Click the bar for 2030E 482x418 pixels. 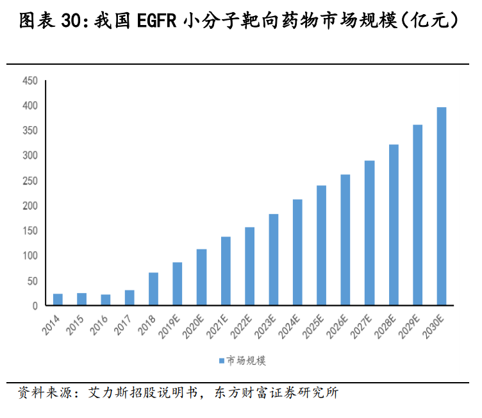tap(442, 206)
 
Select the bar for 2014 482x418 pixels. tap(58, 299)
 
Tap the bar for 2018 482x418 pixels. tap(154, 289)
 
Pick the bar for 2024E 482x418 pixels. tap(297, 253)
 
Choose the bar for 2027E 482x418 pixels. tap(370, 233)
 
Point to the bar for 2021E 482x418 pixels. tap(226, 271)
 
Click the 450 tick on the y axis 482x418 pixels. tap(30, 81)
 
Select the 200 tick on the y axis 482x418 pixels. tap(30, 206)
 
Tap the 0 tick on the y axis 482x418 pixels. tap(35, 306)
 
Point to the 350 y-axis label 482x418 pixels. tap(30, 131)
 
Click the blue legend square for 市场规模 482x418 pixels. tap(221, 361)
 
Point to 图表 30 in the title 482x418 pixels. tap(47, 22)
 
